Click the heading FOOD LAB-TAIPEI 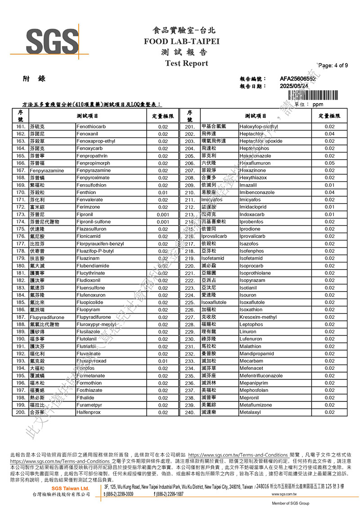pyautogui.click(x=181, y=41)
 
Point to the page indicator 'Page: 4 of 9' pyautogui.click(x=333, y=65)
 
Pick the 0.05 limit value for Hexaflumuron pyautogui.click(x=329, y=163)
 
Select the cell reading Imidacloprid pyautogui.click(x=253, y=207)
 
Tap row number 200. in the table pyautogui.click(x=21, y=412)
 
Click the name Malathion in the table pyautogui.click(x=250, y=347)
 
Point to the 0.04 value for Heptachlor pyautogui.click(x=329, y=134)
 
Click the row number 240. pyautogui.click(x=189, y=412)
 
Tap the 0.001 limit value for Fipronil pyautogui.click(x=163, y=215)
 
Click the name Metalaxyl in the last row pyautogui.click(x=250, y=412)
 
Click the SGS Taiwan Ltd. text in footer pyautogui.click(x=70, y=488)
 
